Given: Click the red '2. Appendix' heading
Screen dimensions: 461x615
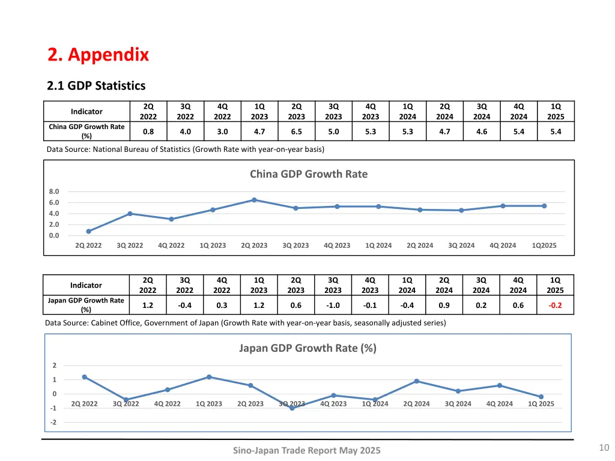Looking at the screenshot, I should pyautogui.click(x=98, y=55).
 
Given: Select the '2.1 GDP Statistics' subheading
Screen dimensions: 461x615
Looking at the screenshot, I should pyautogui.click(x=96, y=86).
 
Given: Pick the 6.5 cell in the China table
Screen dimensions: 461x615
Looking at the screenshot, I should pyautogui.click(x=296, y=132).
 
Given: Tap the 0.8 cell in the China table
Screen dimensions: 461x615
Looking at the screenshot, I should pyautogui.click(x=148, y=132).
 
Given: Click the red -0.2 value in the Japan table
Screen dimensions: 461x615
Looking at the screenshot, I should pyautogui.click(x=555, y=306).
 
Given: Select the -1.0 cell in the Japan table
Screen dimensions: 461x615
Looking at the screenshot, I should pyautogui.click(x=333, y=306).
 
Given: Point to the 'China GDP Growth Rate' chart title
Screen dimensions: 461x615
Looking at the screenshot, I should pyautogui.click(x=308, y=174).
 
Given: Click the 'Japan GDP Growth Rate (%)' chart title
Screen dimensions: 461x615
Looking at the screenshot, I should pyautogui.click(x=307, y=348).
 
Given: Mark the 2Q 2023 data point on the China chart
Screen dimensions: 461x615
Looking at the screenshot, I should pyautogui.click(x=254, y=200).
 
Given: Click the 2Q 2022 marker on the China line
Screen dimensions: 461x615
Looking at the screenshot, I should pyautogui.click(x=88, y=231).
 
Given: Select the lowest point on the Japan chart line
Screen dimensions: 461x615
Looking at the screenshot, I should pyautogui.click(x=292, y=408).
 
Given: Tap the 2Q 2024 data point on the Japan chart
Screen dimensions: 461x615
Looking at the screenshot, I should pyautogui.click(x=416, y=381).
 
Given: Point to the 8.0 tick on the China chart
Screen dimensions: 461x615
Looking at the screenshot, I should pyautogui.click(x=54, y=191).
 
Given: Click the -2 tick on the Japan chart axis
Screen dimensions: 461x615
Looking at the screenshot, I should pyautogui.click(x=54, y=423).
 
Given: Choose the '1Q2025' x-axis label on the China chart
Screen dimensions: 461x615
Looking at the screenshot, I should pyautogui.click(x=544, y=246).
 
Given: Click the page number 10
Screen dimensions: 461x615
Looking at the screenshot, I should pyautogui.click(x=604, y=447).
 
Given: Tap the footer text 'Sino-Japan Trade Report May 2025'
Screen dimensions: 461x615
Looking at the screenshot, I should pyautogui.click(x=306, y=451).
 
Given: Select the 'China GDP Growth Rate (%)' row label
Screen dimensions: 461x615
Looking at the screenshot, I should pyautogui.click(x=86, y=131).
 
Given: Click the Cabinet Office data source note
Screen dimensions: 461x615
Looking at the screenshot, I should pyautogui.click(x=245, y=323).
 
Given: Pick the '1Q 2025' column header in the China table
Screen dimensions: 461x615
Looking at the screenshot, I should pyautogui.click(x=556, y=112).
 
